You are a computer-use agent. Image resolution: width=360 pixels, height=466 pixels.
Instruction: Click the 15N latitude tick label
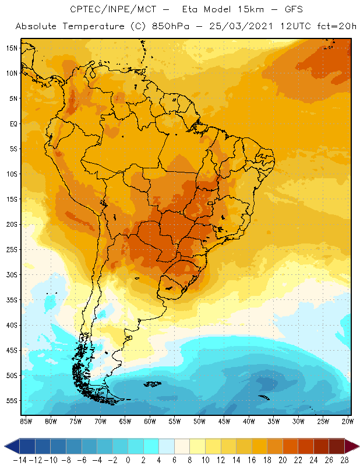tap(12, 48)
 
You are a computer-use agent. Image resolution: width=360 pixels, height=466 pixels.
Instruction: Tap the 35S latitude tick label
tap(12, 300)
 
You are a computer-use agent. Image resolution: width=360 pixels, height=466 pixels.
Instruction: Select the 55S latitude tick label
tap(12, 401)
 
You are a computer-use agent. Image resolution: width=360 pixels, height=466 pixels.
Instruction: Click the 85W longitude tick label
tap(26, 421)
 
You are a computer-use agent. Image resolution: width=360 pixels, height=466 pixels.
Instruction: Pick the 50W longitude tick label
tap(200, 421)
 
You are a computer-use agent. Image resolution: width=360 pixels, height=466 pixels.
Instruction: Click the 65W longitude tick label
tap(125, 421)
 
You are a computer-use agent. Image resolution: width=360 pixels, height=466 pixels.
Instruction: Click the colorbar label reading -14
tap(19, 460)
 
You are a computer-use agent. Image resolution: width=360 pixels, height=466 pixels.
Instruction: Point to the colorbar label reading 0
tap(128, 460)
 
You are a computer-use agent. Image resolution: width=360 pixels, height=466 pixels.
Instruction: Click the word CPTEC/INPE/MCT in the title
tap(105, 10)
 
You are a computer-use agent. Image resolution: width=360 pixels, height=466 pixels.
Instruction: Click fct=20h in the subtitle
tap(333, 27)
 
